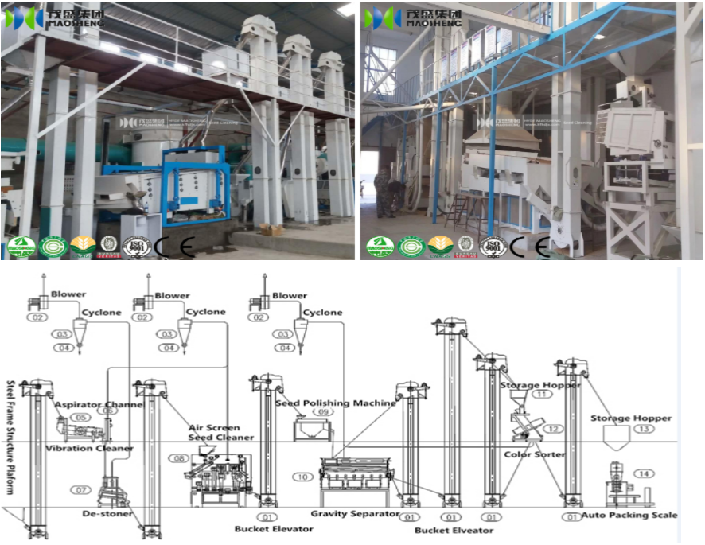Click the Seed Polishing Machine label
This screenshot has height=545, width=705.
tap(335, 403)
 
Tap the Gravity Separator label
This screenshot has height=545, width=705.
tap(354, 514)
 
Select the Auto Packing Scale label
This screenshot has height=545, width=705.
tap(629, 515)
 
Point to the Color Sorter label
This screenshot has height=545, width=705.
tap(534, 454)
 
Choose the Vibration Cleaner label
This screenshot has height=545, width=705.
tap(89, 449)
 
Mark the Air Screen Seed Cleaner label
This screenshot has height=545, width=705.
tap(221, 432)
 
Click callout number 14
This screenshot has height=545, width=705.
tap(643, 473)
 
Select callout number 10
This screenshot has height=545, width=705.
tap(302, 477)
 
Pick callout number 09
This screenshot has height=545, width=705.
tap(322, 412)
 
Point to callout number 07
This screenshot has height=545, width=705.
tap(81, 489)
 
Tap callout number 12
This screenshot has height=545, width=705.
tap(553, 429)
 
